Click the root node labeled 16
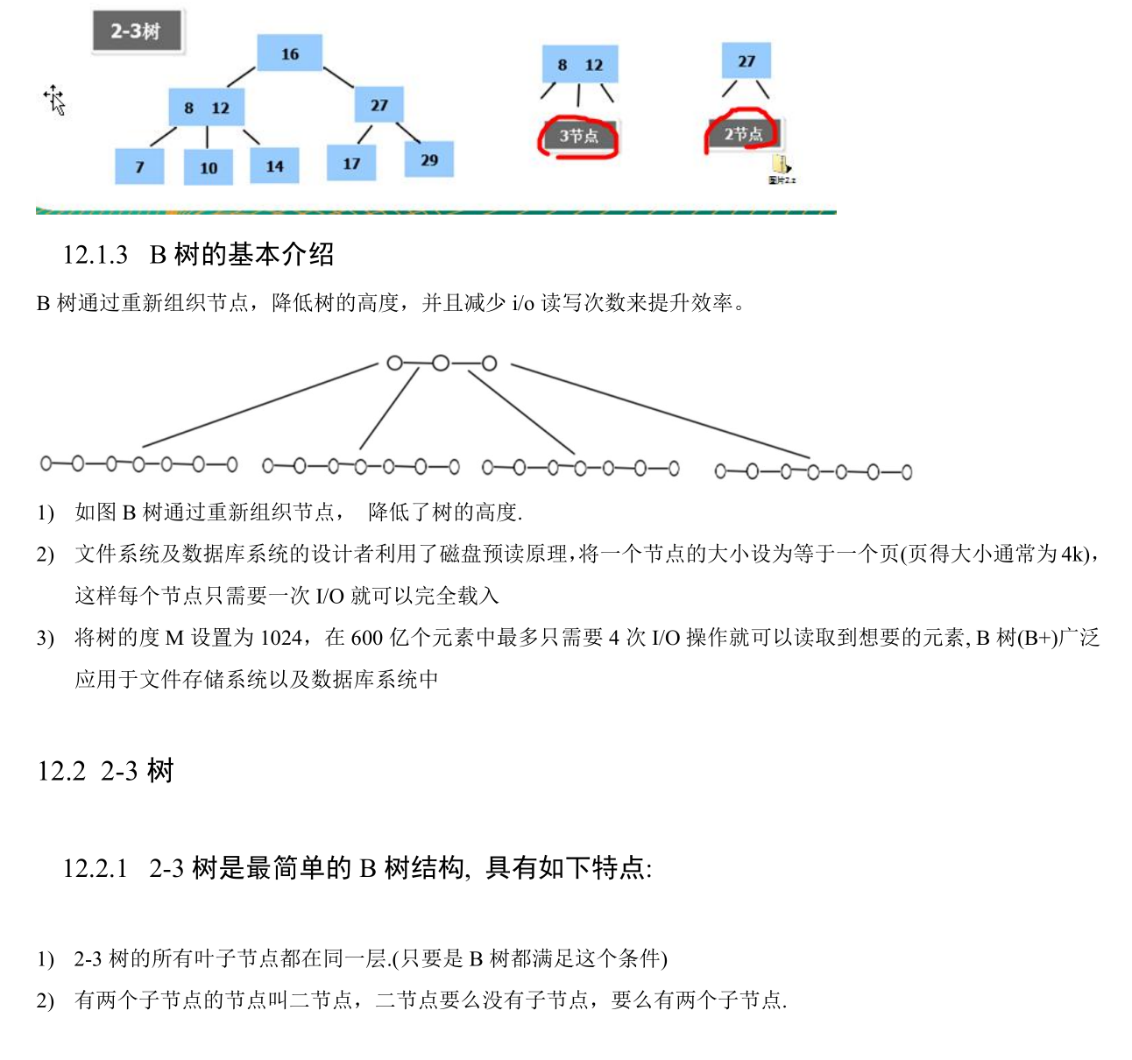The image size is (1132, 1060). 289,53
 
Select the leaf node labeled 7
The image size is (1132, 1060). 139,166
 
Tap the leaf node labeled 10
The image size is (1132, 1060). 209,167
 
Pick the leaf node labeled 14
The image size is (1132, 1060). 274,166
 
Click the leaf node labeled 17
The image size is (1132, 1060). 351,163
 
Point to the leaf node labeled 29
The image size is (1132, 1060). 428,159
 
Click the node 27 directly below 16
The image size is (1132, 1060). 379,105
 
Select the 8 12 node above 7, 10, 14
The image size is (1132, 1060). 207,108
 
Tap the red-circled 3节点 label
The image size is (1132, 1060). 579,136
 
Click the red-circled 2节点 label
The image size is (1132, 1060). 743,134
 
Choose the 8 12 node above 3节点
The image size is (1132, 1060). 579,65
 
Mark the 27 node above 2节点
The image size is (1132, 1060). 746,61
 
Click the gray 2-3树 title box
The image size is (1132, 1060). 137,32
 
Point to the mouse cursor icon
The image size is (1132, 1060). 55,100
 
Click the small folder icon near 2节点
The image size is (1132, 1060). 781,165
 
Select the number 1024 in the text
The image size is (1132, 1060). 281,638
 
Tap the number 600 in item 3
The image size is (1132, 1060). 366,638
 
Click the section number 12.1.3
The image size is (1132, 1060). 95,255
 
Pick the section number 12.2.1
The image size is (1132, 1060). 95,868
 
